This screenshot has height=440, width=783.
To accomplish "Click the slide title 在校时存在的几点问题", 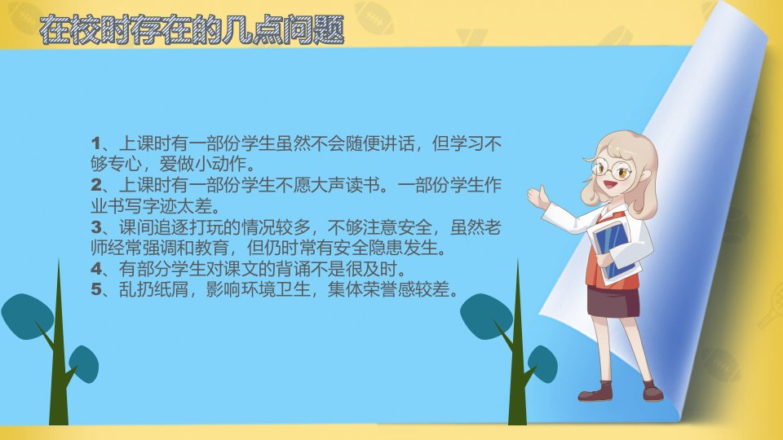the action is click(192, 29).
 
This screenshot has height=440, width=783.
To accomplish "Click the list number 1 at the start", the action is click(96, 143).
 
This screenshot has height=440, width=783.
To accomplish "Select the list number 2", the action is click(96, 185).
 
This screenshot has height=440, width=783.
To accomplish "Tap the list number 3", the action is click(96, 227).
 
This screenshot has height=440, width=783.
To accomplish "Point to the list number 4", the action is click(96, 270).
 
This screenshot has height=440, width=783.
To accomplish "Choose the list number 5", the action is click(96, 289).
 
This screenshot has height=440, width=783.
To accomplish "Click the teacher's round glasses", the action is click(611, 169).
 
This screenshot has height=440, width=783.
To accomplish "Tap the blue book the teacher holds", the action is click(613, 249).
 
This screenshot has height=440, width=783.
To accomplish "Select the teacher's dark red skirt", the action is click(613, 301).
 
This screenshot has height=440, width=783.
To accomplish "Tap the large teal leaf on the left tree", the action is click(28, 317).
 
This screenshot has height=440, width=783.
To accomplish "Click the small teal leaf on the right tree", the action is click(542, 363).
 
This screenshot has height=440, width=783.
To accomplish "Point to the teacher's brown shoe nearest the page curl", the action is click(652, 392).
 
